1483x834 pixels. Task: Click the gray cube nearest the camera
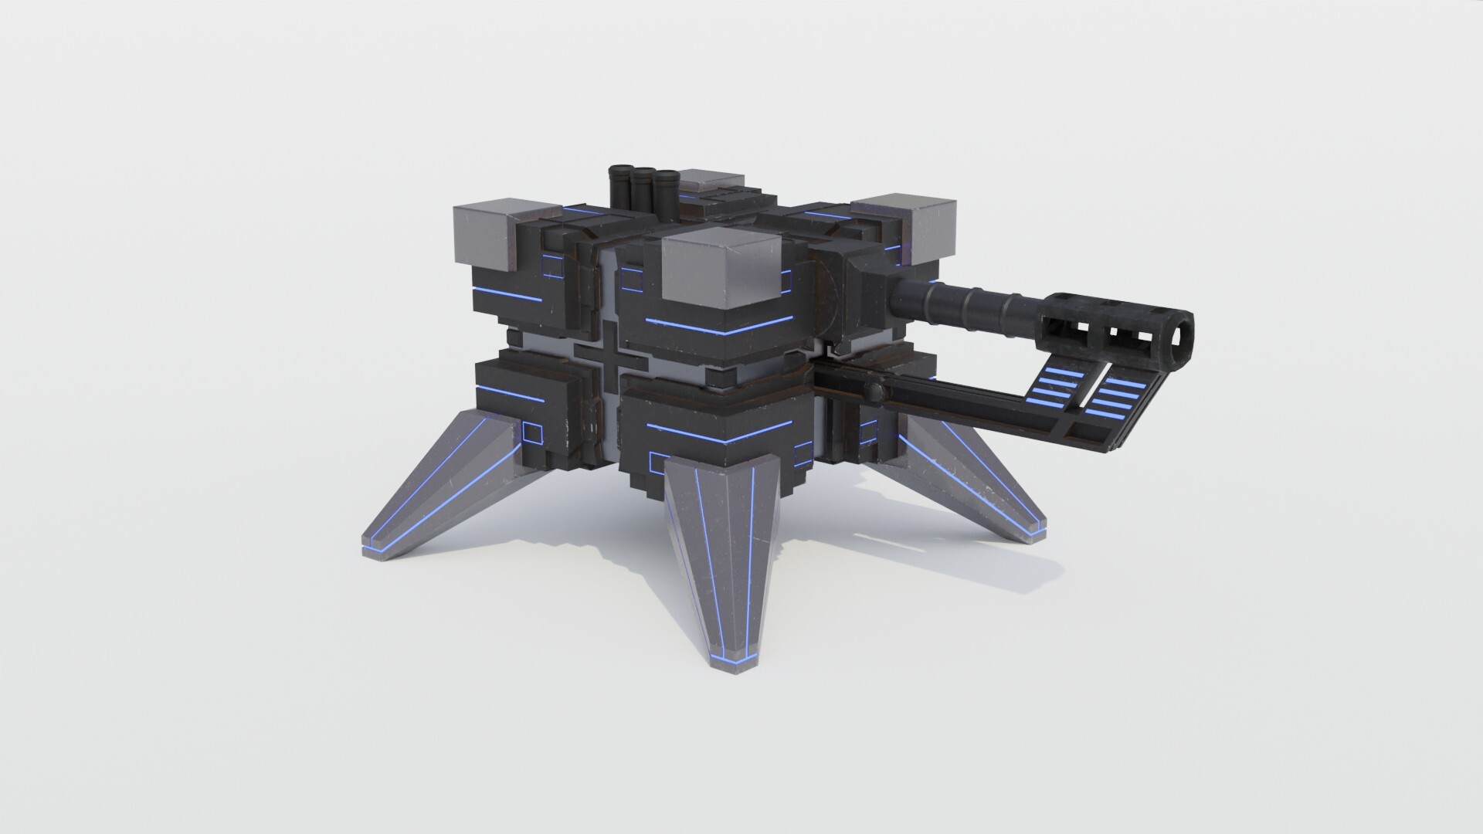pos(718,274)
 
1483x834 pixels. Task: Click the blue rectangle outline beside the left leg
pos(533,432)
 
